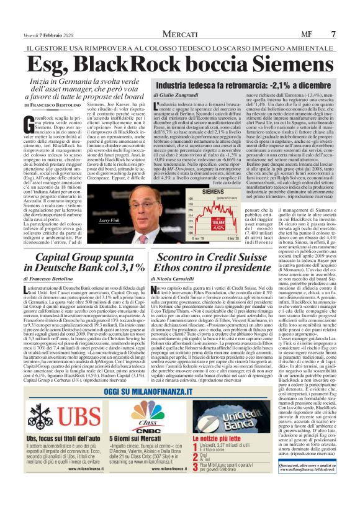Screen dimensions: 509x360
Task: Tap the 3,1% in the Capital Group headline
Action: (x=127, y=268)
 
